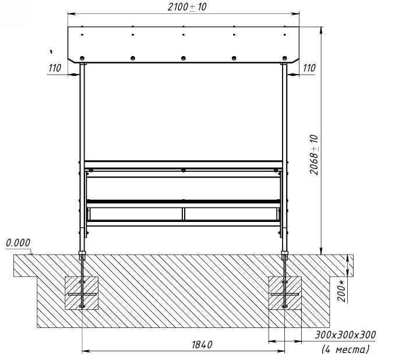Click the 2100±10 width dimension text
coord(187,7)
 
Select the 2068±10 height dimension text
coord(314,155)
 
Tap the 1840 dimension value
coord(202,345)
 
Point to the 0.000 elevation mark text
coord(18,243)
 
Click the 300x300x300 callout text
coord(345,335)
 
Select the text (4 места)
coord(345,350)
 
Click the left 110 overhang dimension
coord(55,68)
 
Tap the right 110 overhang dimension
coord(309,68)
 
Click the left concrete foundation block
coord(82,293)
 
